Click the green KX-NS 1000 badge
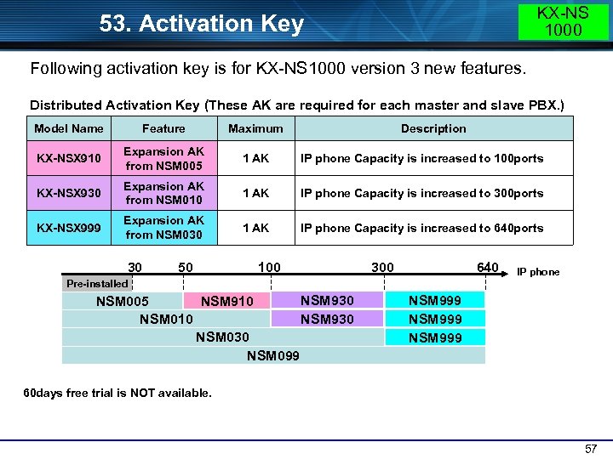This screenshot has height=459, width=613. pyautogui.click(x=564, y=21)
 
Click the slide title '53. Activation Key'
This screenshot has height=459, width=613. pyautogui.click(x=201, y=24)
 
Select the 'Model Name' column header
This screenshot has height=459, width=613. pyautogui.click(x=69, y=128)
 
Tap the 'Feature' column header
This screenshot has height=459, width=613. pyautogui.click(x=163, y=128)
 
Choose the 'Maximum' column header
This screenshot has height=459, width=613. pyautogui.click(x=255, y=128)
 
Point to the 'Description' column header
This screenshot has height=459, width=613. pyautogui.click(x=433, y=128)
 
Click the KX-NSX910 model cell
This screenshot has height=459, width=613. pyautogui.click(x=69, y=158)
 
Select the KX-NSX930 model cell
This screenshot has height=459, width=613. pyautogui.click(x=69, y=193)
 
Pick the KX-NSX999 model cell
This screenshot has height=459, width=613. pyautogui.click(x=69, y=228)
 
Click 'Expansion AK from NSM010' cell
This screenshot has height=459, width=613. pyautogui.click(x=163, y=193)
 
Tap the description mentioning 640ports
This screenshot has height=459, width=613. pyautogui.click(x=421, y=228)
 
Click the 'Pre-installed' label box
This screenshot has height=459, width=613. pyautogui.click(x=97, y=283)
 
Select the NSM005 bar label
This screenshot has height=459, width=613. pyautogui.click(x=123, y=301)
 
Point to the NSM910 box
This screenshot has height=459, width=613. pyautogui.click(x=226, y=301)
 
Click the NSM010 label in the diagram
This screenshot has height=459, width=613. pyautogui.click(x=166, y=319)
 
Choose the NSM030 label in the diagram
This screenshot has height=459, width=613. pyautogui.click(x=222, y=337)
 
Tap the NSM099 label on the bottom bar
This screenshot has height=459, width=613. pyautogui.click(x=273, y=355)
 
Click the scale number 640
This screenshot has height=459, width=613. pyautogui.click(x=488, y=268)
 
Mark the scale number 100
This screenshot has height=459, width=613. pyautogui.click(x=269, y=268)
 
